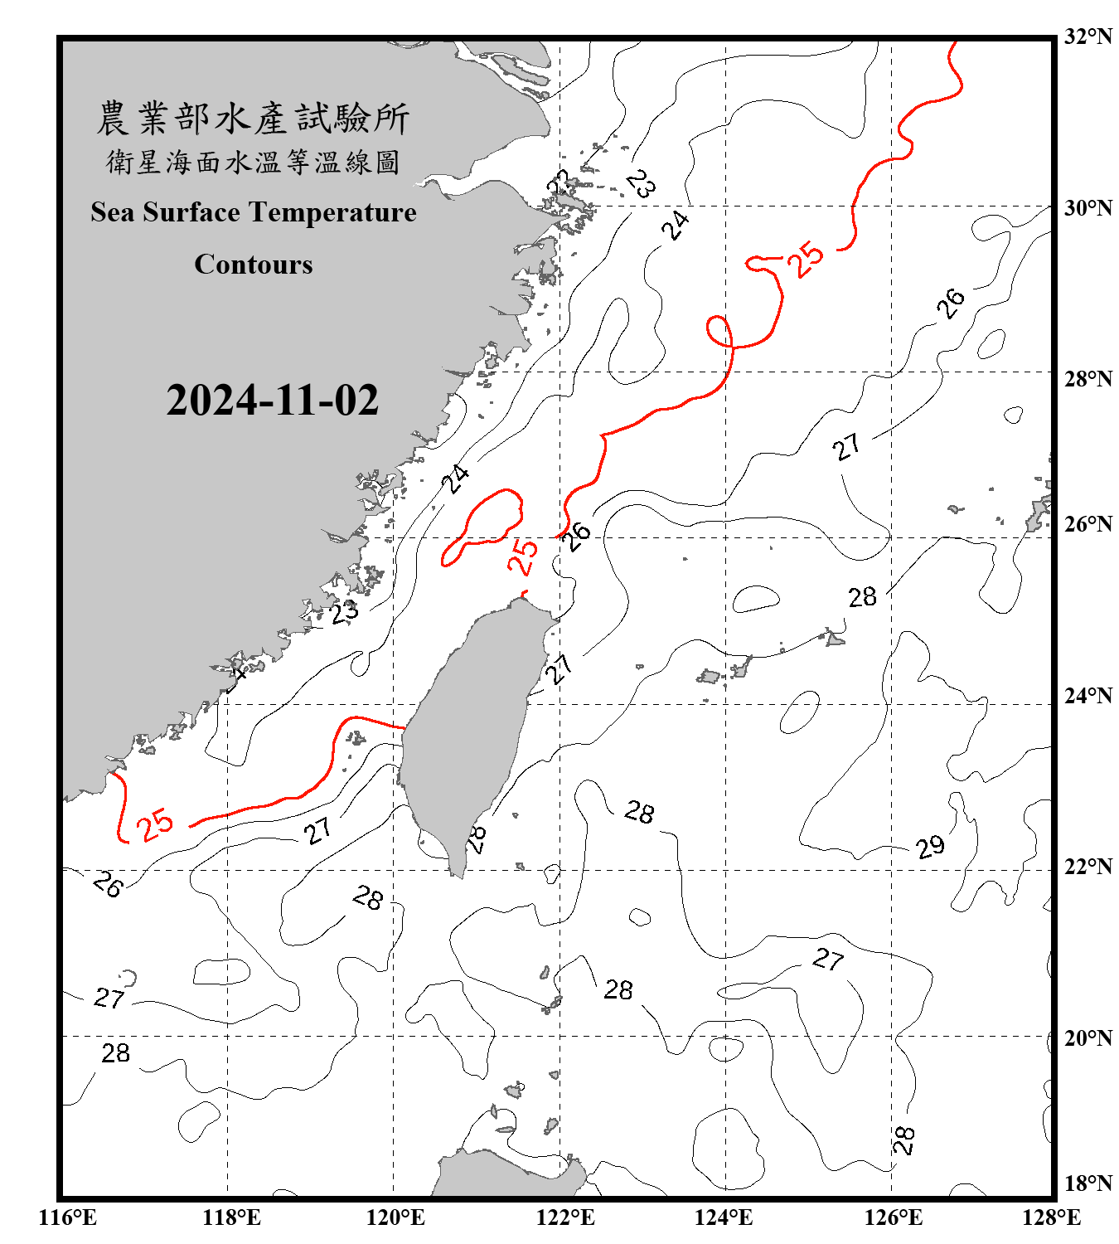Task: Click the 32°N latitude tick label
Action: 1088,36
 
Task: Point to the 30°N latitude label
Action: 1088,207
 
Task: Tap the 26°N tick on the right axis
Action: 1088,524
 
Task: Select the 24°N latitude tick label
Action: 1088,695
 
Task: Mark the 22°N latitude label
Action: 1088,867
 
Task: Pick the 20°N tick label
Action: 1088,1037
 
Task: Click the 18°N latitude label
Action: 1088,1183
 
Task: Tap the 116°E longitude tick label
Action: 68,1217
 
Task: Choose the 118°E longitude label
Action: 231,1217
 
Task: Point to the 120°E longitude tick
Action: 395,1217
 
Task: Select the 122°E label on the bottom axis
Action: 565,1217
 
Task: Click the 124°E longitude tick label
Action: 724,1217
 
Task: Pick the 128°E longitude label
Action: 1051,1217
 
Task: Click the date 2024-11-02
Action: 272,401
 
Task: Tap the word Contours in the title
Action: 254,265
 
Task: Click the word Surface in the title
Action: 191,212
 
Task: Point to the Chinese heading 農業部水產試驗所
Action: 253,119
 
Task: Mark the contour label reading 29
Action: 930,847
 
